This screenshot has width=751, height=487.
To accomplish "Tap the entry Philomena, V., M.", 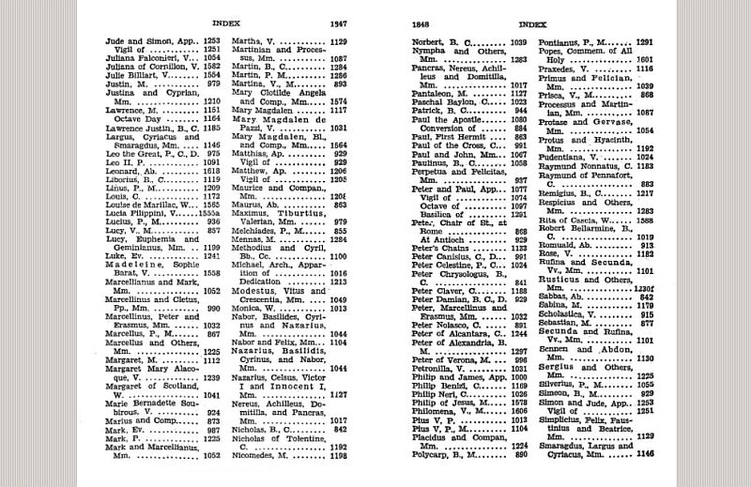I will click(452, 410).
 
